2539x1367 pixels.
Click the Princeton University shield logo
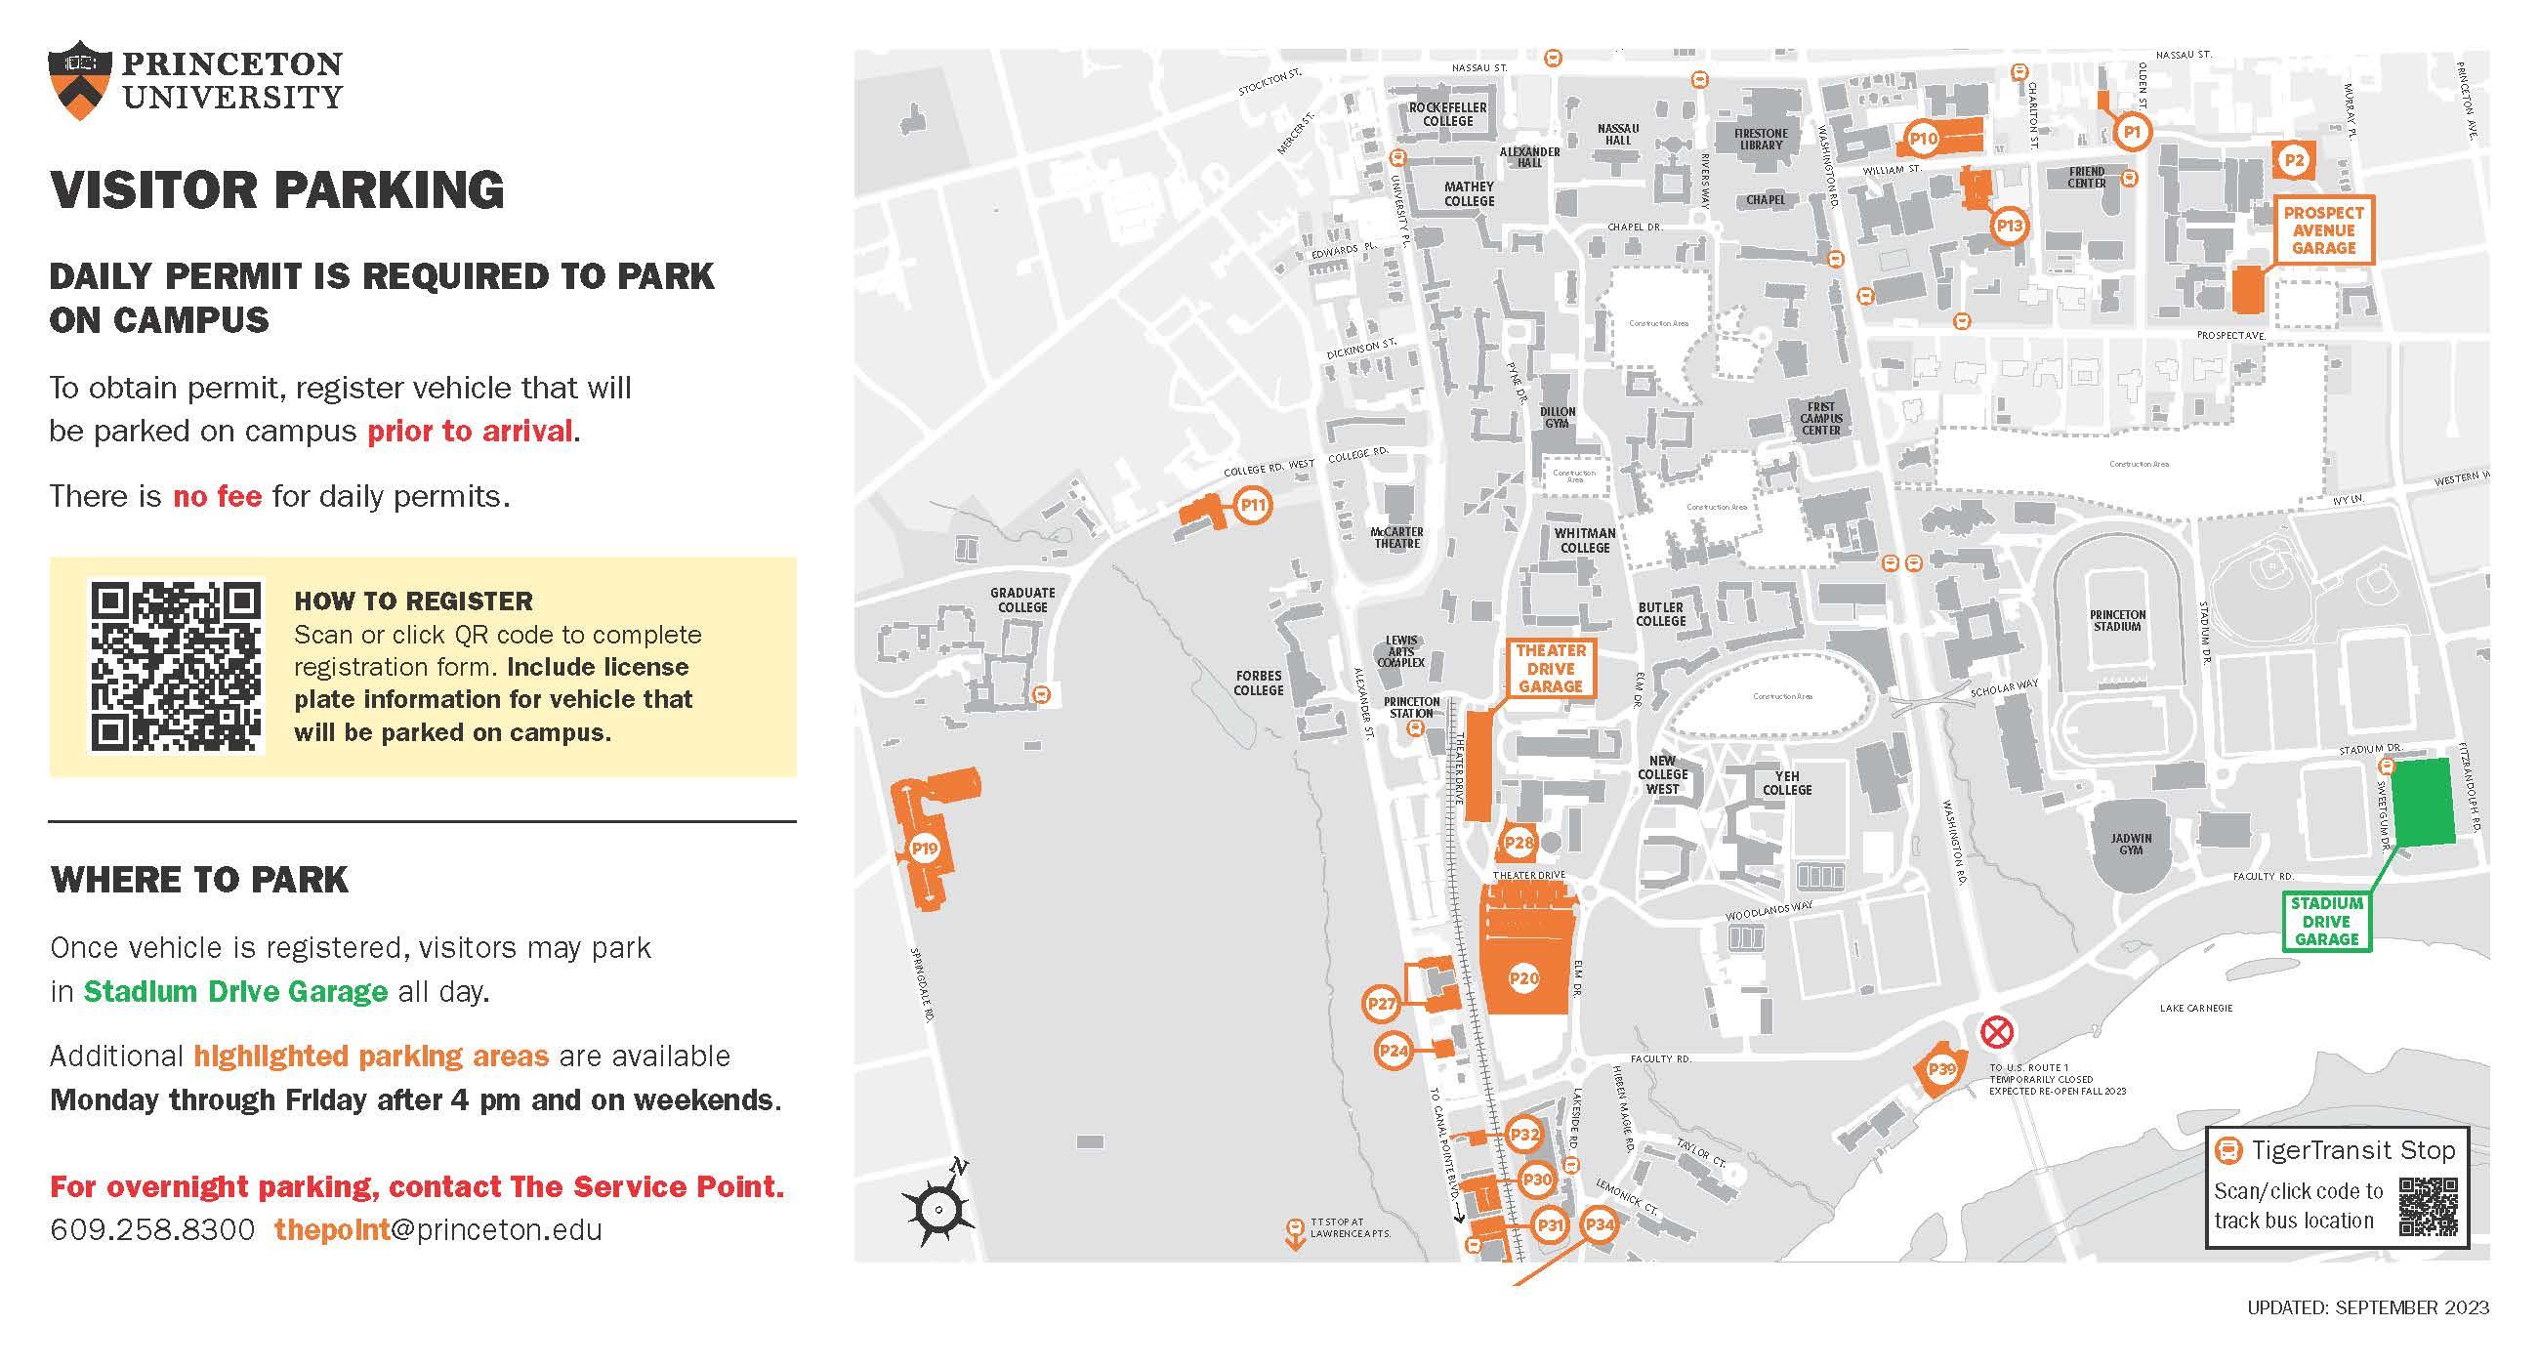(x=76, y=80)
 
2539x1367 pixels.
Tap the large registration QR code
(x=178, y=666)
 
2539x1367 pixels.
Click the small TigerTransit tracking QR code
(x=2428, y=1206)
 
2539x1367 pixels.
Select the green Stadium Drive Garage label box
(x=2326, y=922)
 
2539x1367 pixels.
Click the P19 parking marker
(x=924, y=849)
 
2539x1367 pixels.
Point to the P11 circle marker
(x=1252, y=506)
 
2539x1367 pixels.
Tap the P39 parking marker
(x=1940, y=1069)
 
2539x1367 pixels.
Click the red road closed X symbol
(x=1997, y=1033)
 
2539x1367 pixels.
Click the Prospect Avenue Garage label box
(x=2323, y=230)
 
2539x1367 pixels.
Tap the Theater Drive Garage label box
(x=1551, y=668)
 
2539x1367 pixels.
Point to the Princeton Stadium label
(x=2117, y=620)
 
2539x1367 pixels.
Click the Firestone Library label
(x=1761, y=139)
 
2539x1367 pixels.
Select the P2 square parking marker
(x=2295, y=160)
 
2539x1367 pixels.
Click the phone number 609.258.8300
(x=151, y=1230)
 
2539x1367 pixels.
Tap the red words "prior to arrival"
(x=469, y=432)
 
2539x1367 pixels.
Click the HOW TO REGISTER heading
(x=413, y=601)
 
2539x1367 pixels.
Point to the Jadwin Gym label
(x=2131, y=844)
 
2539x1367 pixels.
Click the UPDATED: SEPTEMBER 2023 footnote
(x=2367, y=1307)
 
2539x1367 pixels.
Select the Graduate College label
(x=1022, y=600)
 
